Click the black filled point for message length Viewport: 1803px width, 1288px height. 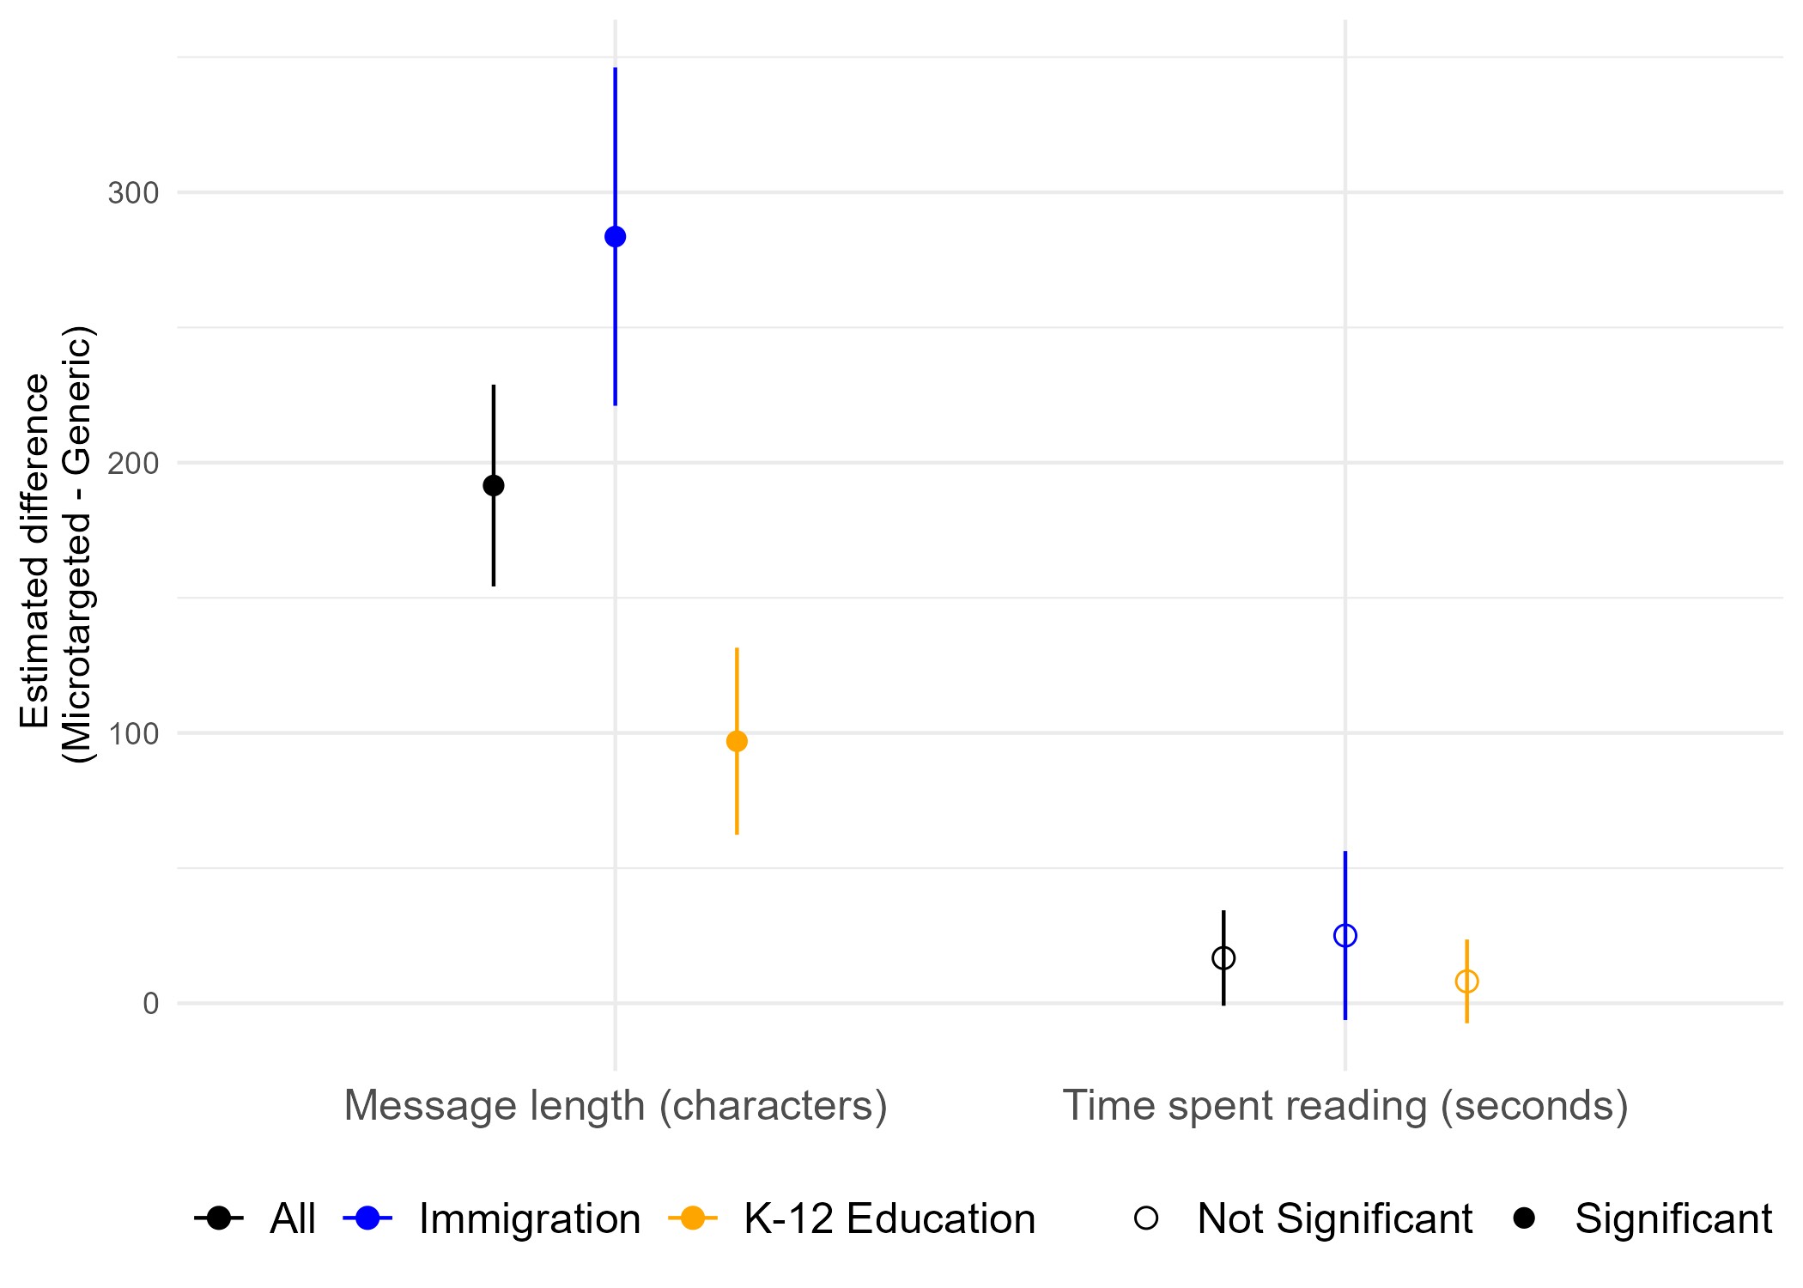pyautogui.click(x=494, y=486)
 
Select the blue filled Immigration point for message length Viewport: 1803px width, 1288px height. pyautogui.click(x=616, y=237)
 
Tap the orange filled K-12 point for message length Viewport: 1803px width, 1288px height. pyautogui.click(x=737, y=741)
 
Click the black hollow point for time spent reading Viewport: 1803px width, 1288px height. pyautogui.click(x=1223, y=957)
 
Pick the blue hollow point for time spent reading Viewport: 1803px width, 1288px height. pyautogui.click(x=1345, y=935)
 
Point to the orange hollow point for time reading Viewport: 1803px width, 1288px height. pyautogui.click(x=1466, y=981)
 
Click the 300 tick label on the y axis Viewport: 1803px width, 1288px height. pyautogui.click(x=134, y=193)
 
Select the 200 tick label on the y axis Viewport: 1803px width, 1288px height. pyautogui.click(x=134, y=464)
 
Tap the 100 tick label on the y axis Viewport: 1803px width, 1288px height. pyautogui.click(x=134, y=734)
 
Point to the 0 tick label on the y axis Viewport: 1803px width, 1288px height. pyautogui.click(x=151, y=1004)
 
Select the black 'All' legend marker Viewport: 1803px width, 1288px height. pyautogui.click(x=219, y=1218)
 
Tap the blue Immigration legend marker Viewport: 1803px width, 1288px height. pyautogui.click(x=367, y=1218)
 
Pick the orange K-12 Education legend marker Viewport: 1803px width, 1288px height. pyautogui.click(x=692, y=1218)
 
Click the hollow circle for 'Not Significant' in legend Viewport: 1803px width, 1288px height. pyautogui.click(x=1146, y=1218)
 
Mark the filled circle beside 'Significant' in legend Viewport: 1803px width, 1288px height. pyautogui.click(x=1524, y=1218)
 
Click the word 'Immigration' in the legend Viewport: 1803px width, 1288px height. pyautogui.click(x=530, y=1218)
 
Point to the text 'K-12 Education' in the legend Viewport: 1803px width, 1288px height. pyautogui.click(x=889, y=1218)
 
